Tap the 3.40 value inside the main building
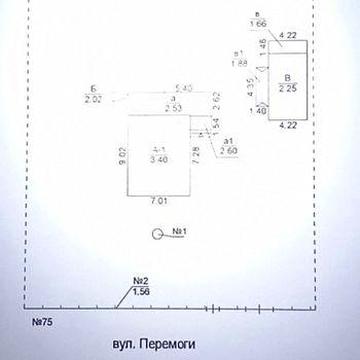pyautogui.click(x=157, y=159)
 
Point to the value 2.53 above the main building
pyautogui.click(x=175, y=108)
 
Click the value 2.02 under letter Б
pyautogui.click(x=94, y=100)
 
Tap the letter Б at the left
pyautogui.click(x=93, y=89)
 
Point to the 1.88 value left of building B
pyautogui.click(x=240, y=62)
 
